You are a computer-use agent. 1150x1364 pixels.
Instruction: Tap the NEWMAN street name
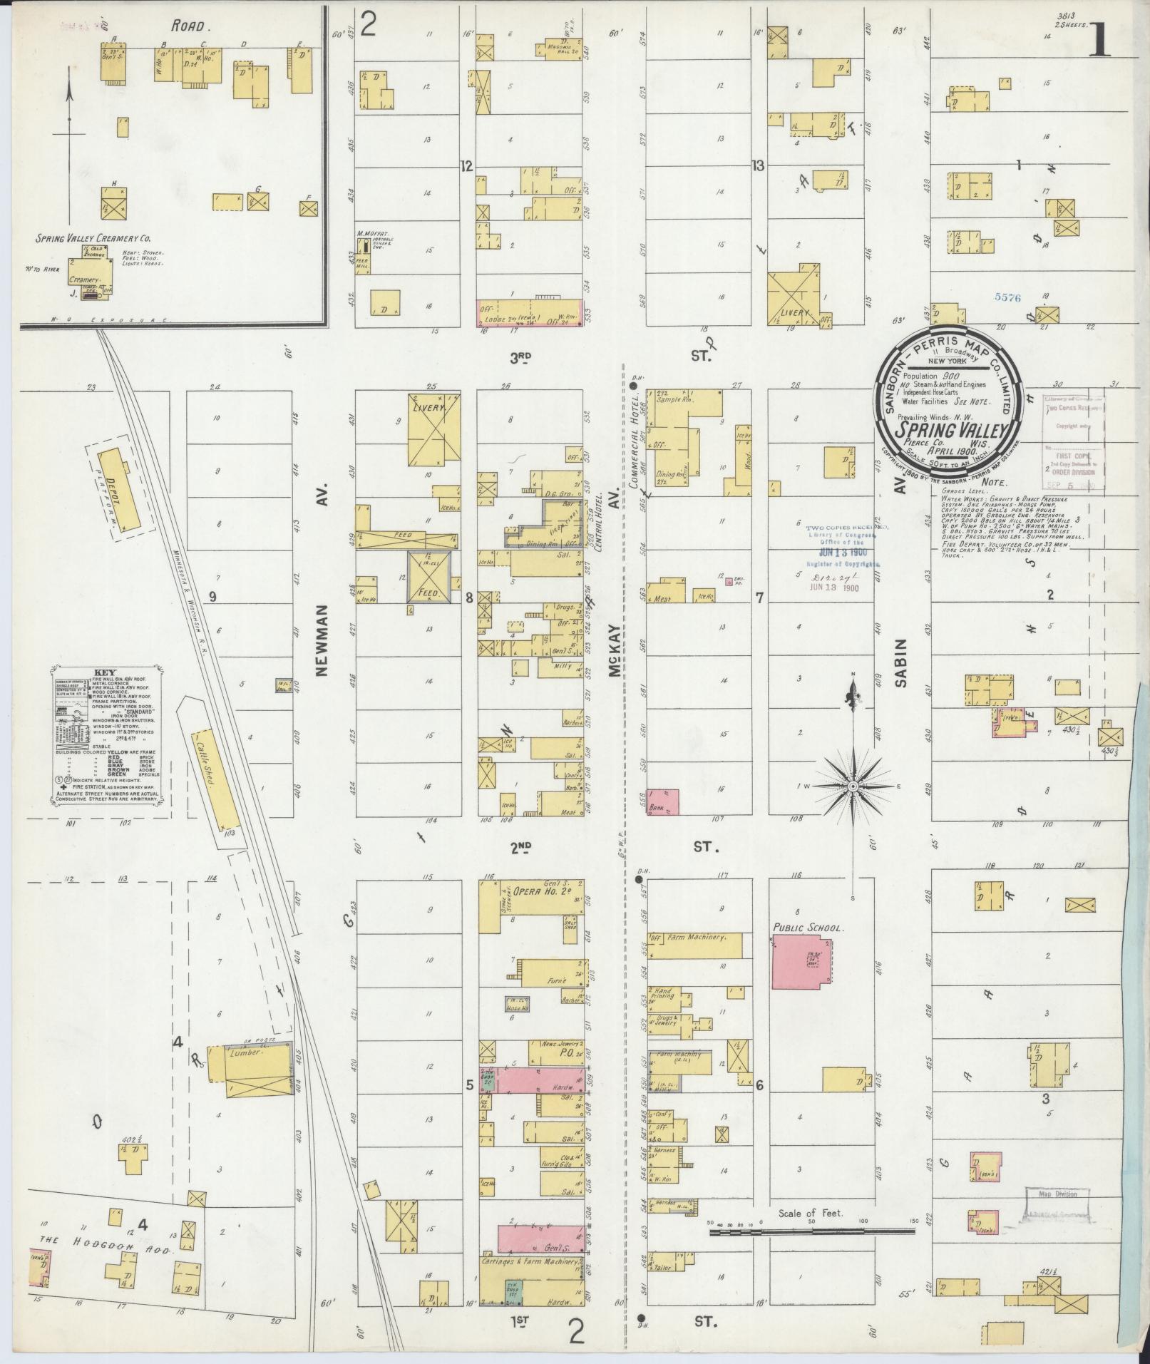(320, 640)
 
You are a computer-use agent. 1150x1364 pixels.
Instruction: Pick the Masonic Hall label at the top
(559, 46)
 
